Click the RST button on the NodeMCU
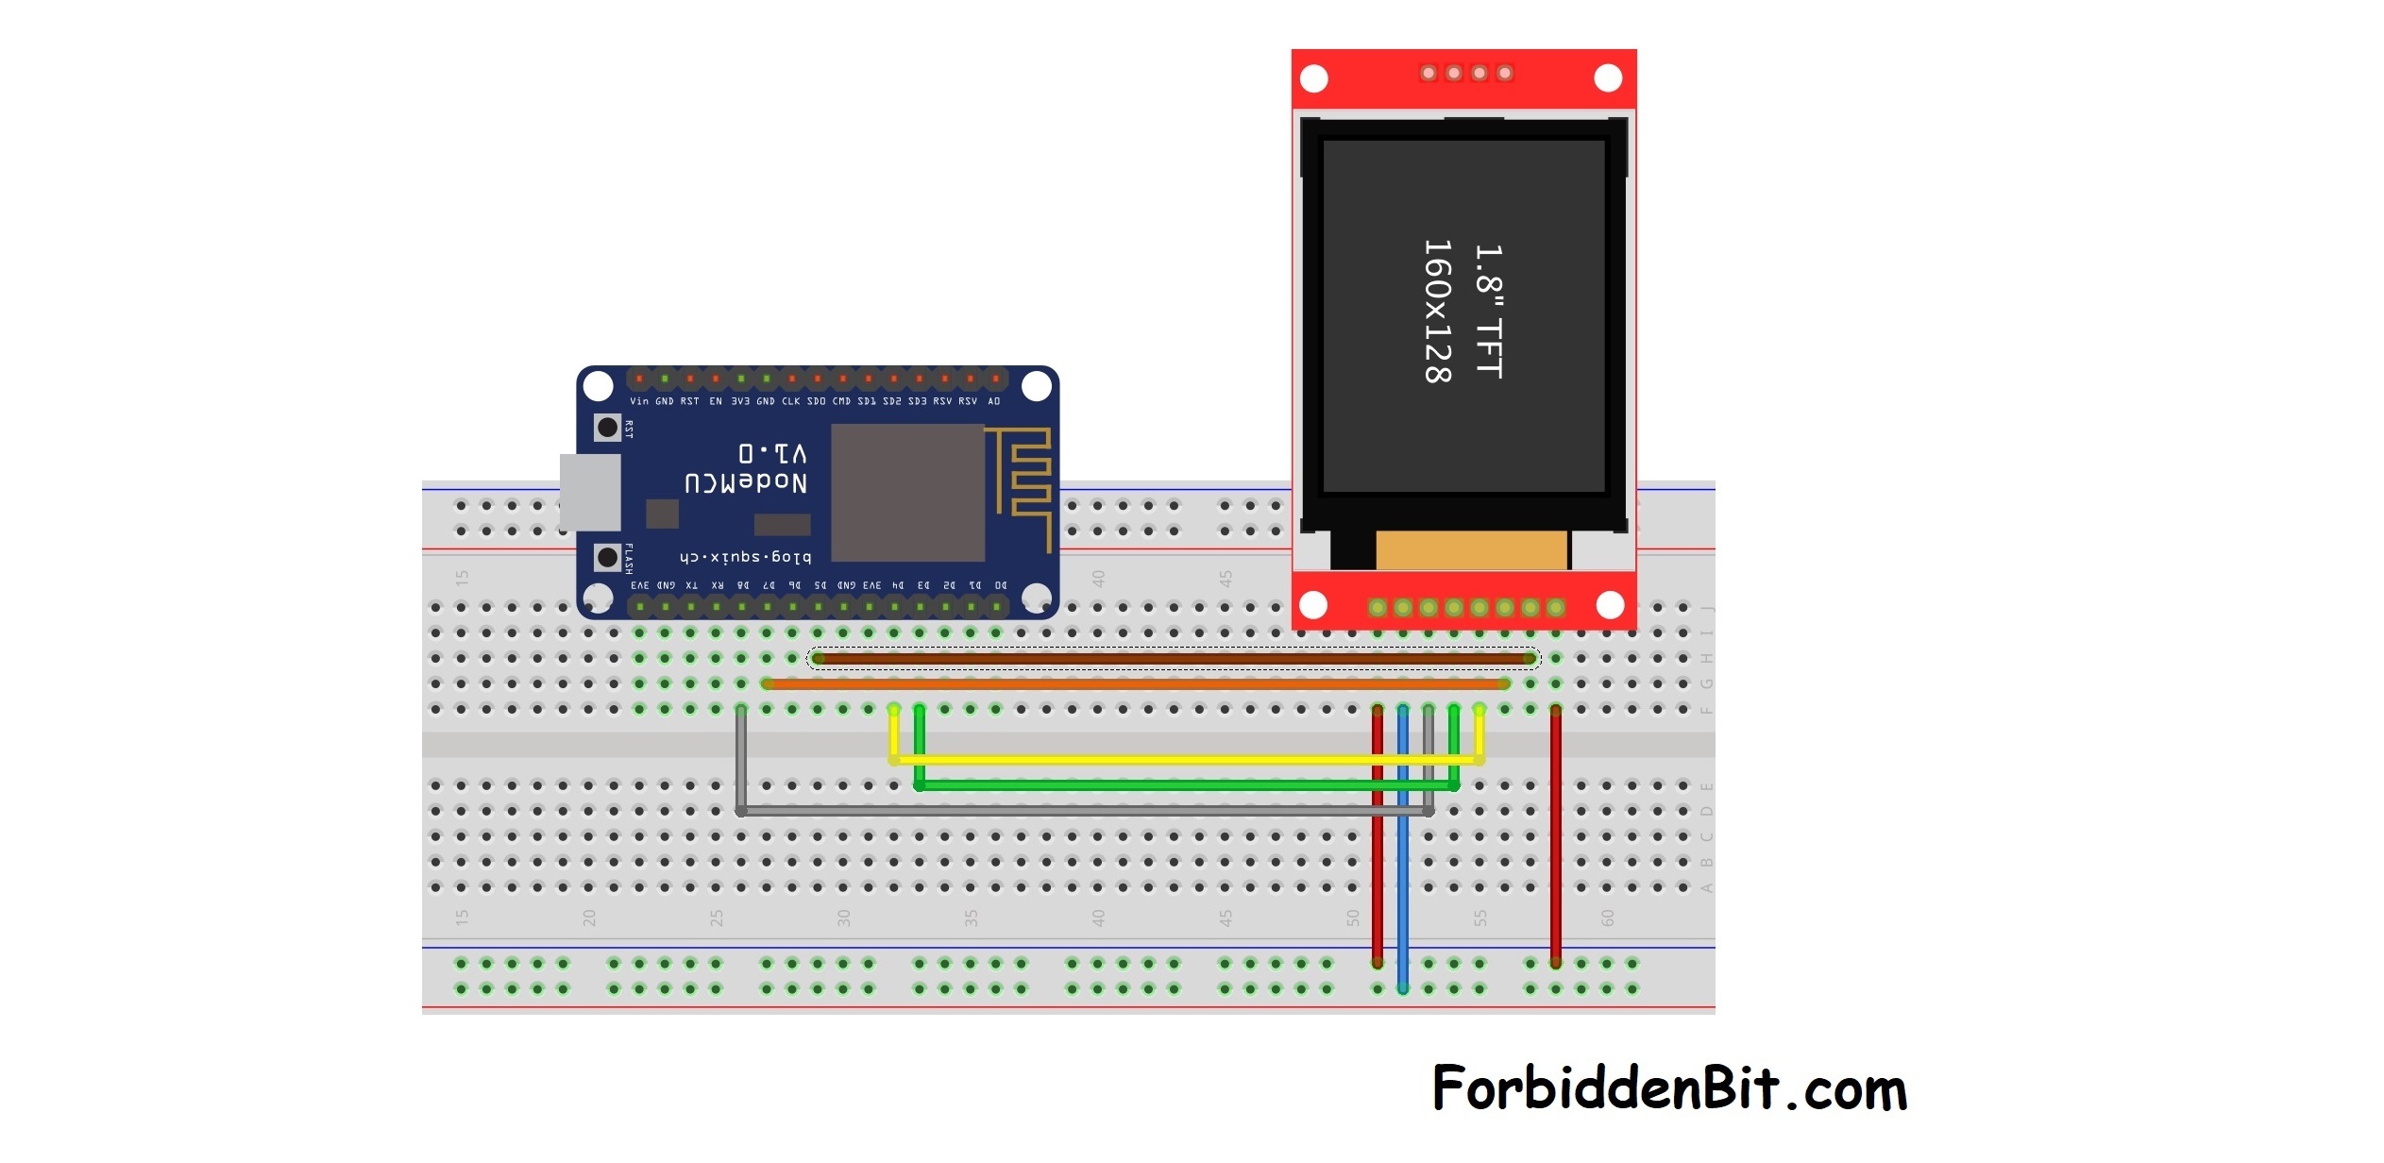607,428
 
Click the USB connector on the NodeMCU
590,492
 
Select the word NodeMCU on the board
746,482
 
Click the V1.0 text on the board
772,452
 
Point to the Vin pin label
639,401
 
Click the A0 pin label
993,401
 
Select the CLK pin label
790,401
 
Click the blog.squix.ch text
745,557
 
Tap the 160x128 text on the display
1437,312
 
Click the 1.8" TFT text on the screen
1489,312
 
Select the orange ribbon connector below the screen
1471,550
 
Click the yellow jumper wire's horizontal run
1180,759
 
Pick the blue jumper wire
1403,850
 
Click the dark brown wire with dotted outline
1171,658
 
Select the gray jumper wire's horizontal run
1086,810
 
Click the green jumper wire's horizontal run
1180,784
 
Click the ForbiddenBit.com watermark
1669,1088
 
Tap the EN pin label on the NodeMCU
716,401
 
